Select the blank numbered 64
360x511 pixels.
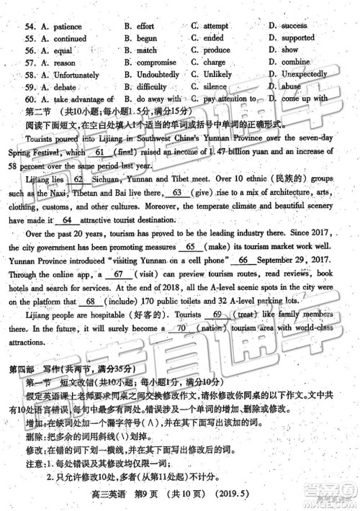66,220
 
